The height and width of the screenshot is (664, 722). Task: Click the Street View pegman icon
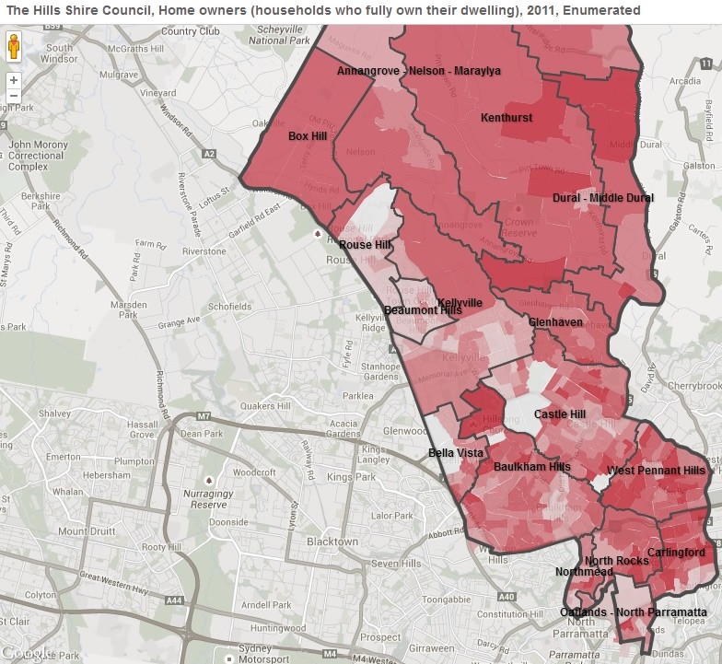tap(14, 47)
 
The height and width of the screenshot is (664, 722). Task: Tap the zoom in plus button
tap(14, 80)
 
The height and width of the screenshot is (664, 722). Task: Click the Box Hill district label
tap(308, 135)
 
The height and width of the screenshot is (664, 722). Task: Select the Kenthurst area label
tap(507, 118)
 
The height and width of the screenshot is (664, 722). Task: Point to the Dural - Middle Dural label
tap(603, 198)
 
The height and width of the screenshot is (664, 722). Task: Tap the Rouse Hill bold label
tap(365, 245)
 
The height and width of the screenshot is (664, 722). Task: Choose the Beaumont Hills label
tap(423, 310)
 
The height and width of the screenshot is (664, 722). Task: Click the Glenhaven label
tap(555, 322)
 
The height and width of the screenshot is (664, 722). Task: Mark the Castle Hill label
tap(560, 414)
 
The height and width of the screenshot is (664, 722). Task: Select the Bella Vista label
tap(456, 453)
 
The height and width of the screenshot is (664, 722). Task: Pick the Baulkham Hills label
tap(532, 467)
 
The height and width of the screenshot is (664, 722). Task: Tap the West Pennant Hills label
tap(656, 471)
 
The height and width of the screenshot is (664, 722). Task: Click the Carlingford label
tap(676, 553)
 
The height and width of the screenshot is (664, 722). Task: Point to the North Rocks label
tap(616, 561)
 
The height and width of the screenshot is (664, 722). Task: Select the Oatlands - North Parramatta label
tap(634, 612)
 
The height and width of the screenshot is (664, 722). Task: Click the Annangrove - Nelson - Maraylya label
tap(418, 71)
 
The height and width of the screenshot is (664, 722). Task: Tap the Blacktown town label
tap(332, 542)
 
